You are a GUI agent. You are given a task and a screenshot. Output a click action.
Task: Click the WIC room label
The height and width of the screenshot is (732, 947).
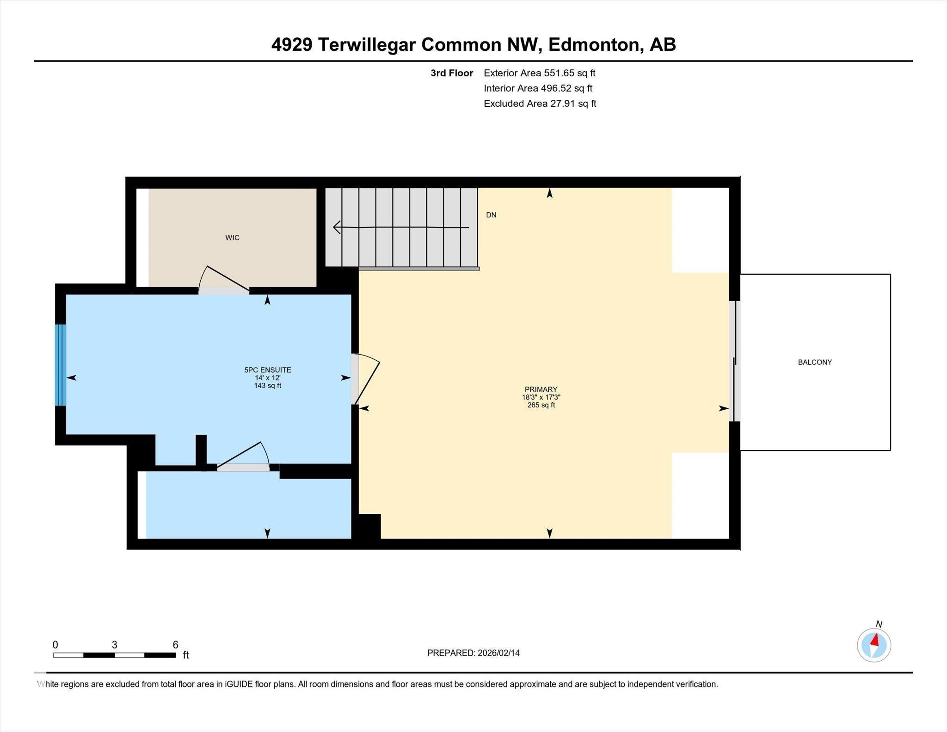point(232,238)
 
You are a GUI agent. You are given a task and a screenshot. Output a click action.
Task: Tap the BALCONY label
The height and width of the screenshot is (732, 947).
point(815,362)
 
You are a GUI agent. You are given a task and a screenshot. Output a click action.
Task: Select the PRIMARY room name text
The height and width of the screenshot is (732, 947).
point(541,389)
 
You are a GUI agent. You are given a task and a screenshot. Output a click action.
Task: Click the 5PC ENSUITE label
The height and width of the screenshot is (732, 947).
point(267,370)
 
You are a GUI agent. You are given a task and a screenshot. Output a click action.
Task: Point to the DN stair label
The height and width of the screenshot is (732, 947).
point(491,215)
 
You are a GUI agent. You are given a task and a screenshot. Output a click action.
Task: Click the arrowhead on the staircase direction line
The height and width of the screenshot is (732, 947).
point(337,227)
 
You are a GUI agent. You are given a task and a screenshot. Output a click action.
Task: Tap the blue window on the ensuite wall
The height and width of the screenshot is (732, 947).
point(61,365)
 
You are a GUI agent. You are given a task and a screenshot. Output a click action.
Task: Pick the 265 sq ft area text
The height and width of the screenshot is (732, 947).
point(541,405)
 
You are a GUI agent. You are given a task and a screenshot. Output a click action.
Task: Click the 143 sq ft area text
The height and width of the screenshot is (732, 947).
point(267,386)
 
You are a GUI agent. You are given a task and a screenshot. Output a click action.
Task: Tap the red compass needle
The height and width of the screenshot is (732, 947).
point(874,640)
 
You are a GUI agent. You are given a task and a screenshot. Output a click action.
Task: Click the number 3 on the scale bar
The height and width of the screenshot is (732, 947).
point(114,645)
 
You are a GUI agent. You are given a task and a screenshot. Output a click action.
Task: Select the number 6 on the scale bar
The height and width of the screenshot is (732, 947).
point(175,645)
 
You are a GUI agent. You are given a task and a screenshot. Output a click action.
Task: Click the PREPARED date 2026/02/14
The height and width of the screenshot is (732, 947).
point(498,653)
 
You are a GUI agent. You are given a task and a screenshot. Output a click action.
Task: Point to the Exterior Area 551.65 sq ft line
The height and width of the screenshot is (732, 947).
point(539,73)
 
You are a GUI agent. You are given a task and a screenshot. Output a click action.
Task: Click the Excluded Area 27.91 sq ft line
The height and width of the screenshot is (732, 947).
point(540,104)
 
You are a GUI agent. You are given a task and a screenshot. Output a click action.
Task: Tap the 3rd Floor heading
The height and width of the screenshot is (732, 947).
point(451,73)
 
